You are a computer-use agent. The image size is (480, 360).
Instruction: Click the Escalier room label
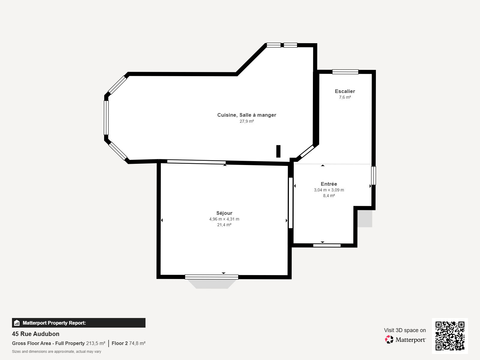point(345,91)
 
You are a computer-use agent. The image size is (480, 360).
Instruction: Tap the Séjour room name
point(224,213)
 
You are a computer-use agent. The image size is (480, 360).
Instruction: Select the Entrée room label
point(329,184)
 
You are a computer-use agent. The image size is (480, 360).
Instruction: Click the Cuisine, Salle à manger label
point(247,115)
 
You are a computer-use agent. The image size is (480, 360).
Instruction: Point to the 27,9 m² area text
point(247,121)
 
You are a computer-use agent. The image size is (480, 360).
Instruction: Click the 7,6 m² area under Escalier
point(345,97)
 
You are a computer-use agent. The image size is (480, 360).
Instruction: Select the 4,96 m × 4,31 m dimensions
point(224,219)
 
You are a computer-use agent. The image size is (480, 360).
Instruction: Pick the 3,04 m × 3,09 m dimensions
point(329,190)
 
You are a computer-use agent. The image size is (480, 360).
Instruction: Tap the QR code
point(450,336)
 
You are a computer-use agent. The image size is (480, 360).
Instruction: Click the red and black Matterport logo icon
point(389,340)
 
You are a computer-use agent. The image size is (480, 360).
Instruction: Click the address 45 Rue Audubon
point(36,334)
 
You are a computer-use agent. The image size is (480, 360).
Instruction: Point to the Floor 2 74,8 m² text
point(129,343)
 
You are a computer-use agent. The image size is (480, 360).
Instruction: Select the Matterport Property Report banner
point(79,322)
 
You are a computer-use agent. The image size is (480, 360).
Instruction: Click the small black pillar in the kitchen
point(278,151)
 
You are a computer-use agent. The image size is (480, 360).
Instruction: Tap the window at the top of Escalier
point(345,72)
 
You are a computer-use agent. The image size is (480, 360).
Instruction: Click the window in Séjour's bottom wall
point(212,277)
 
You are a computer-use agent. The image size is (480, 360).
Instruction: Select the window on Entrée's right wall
point(373,175)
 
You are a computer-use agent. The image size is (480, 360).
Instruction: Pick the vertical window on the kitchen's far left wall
point(106,118)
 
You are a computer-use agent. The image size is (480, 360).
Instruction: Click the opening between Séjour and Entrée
point(291,203)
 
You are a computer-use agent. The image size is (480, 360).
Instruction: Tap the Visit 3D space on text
point(405,330)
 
